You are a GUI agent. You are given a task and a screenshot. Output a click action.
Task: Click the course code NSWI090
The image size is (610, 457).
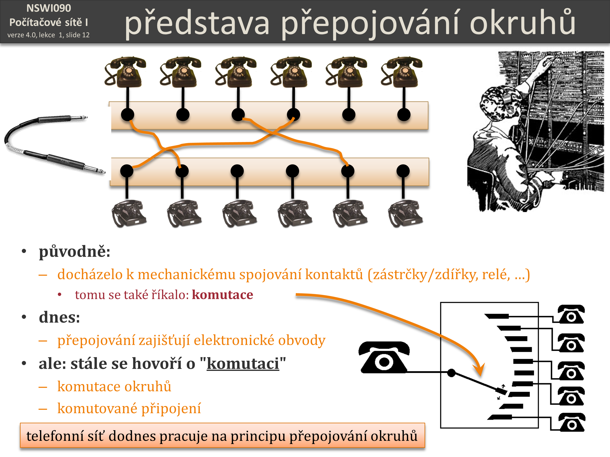pyautogui.click(x=49, y=8)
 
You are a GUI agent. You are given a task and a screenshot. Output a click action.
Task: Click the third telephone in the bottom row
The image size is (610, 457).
pyautogui.click(x=239, y=213)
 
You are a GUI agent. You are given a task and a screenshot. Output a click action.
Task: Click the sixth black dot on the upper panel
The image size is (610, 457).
pyautogui.click(x=404, y=115)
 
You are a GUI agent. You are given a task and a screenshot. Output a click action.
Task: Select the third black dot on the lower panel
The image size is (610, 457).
pyautogui.click(x=237, y=171)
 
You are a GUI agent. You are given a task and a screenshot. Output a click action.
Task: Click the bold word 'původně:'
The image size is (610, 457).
pyautogui.click(x=74, y=251)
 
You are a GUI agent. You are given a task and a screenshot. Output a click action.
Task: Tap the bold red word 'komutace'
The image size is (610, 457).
pyautogui.click(x=222, y=295)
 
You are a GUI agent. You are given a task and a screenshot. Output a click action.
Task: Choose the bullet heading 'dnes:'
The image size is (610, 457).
pyautogui.click(x=59, y=317)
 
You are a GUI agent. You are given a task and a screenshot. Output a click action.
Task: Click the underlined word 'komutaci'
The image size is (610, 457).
pyautogui.click(x=243, y=364)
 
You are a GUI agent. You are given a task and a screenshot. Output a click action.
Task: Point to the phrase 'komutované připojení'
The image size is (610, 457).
pyautogui.click(x=129, y=408)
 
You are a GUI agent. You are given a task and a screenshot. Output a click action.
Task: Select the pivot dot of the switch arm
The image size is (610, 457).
pyautogui.click(x=451, y=373)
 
